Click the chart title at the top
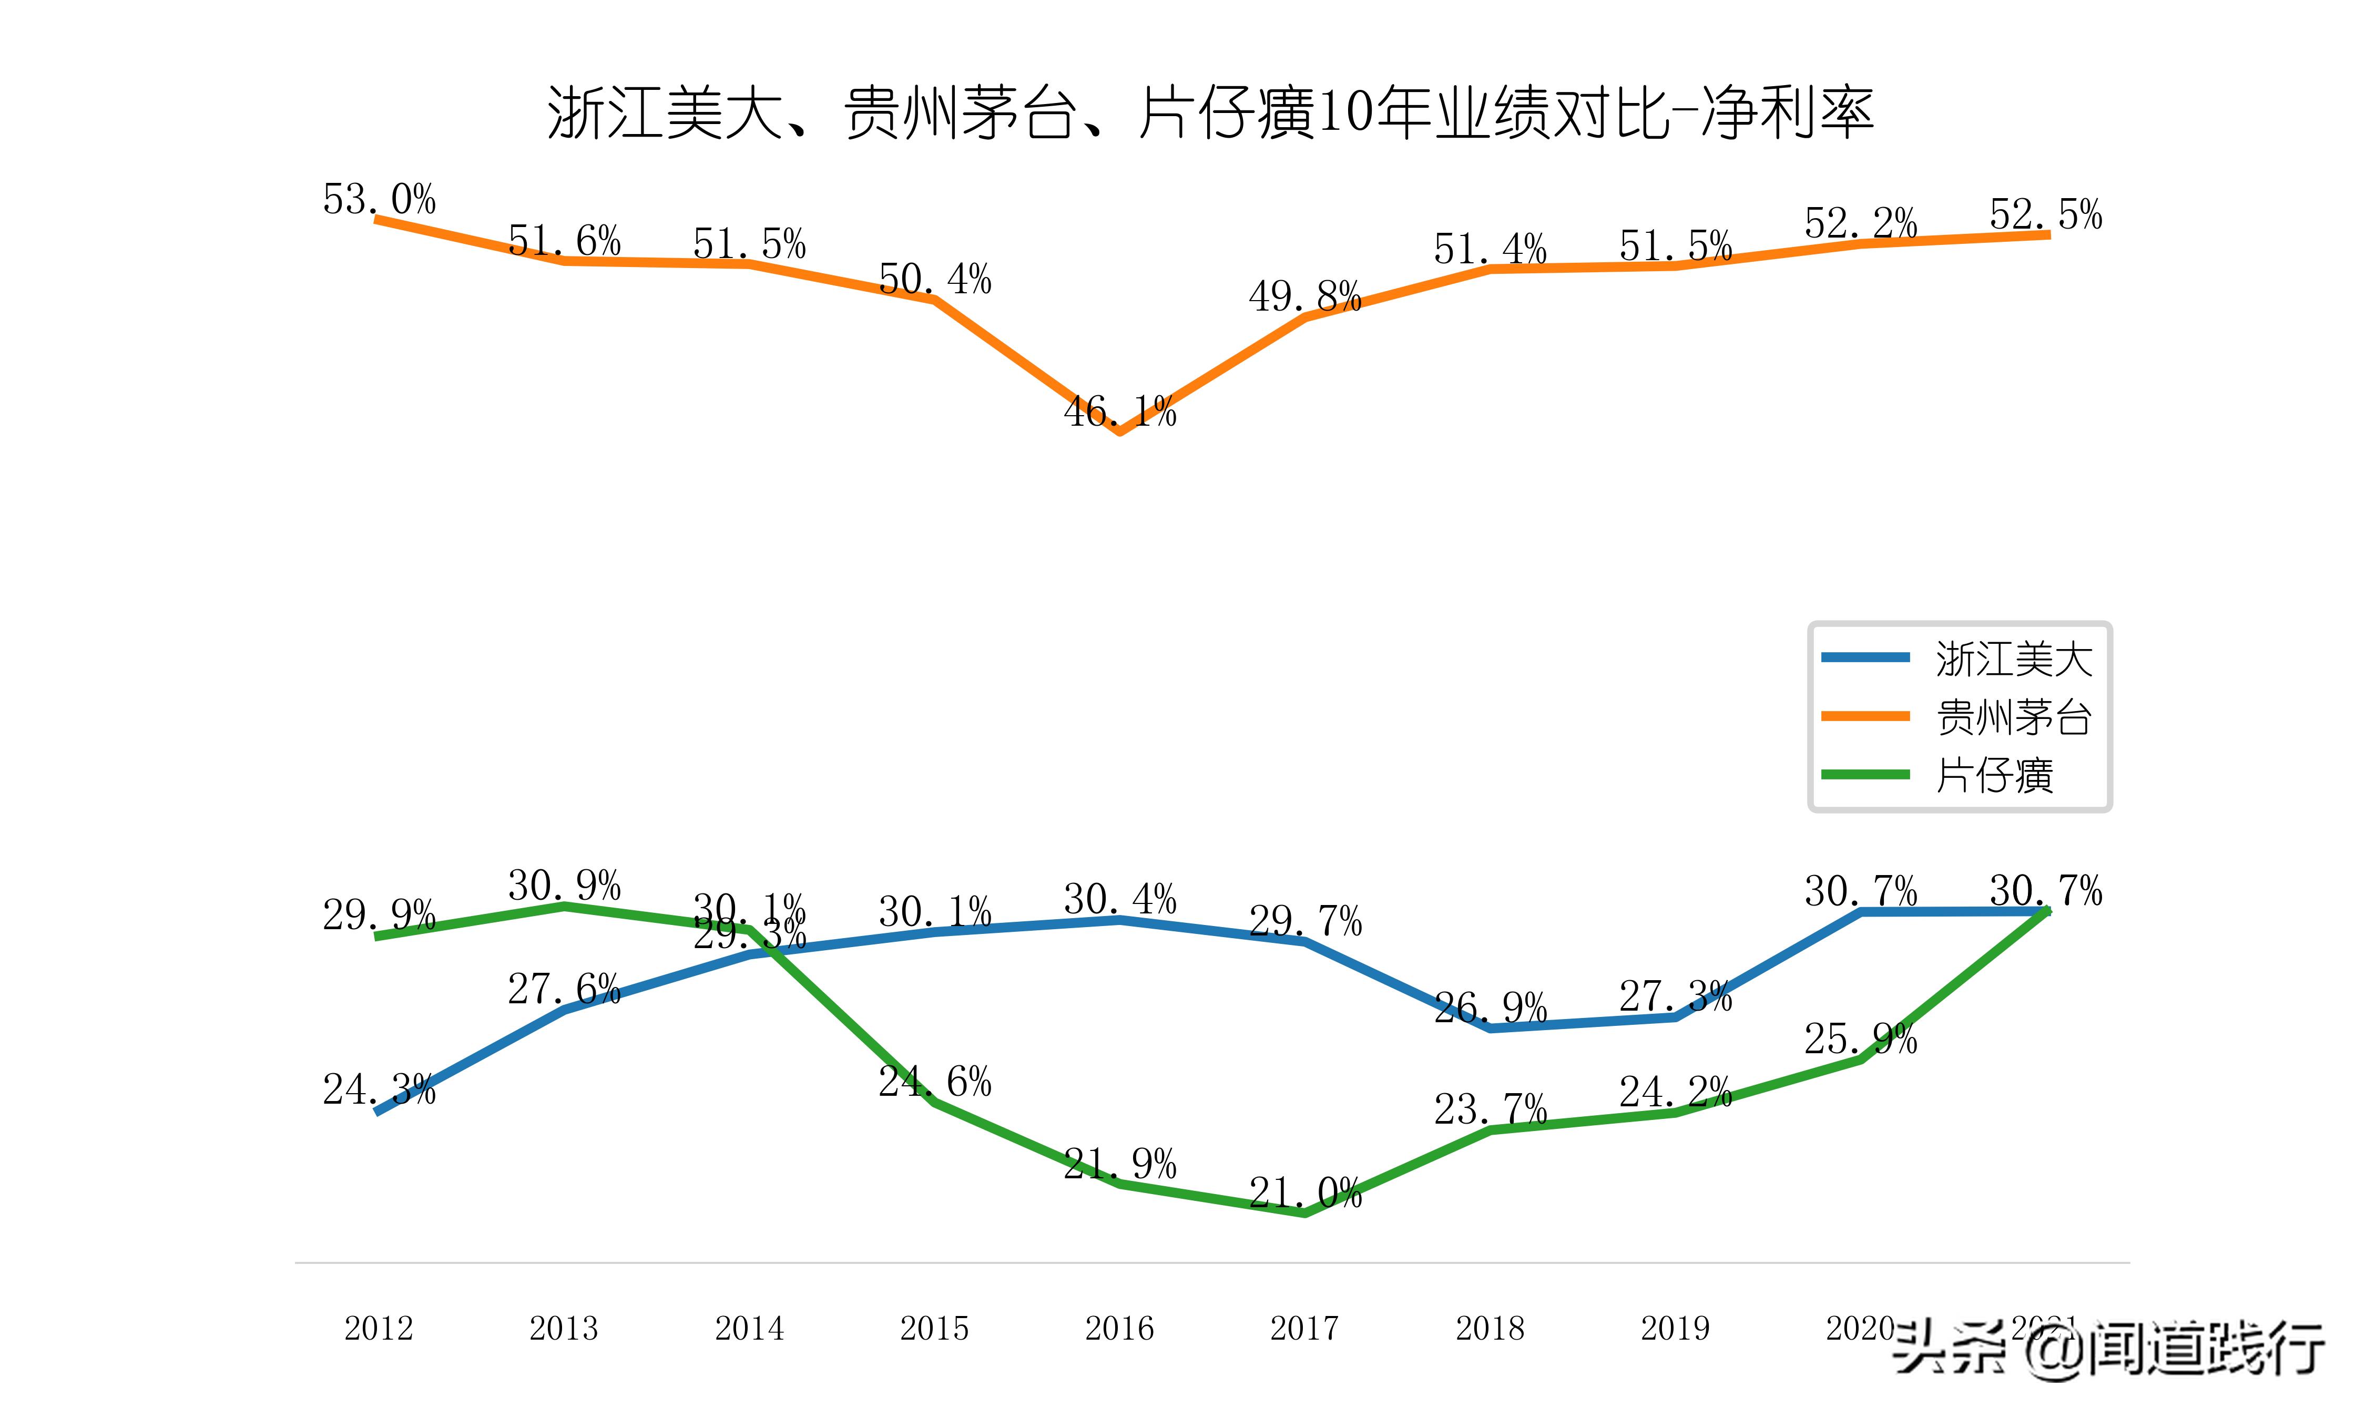click(1210, 113)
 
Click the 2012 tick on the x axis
click(379, 1328)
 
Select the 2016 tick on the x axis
click(1119, 1328)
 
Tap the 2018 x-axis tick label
click(1489, 1328)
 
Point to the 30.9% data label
click(564, 886)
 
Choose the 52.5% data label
click(2046, 214)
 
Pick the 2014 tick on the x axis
click(749, 1328)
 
